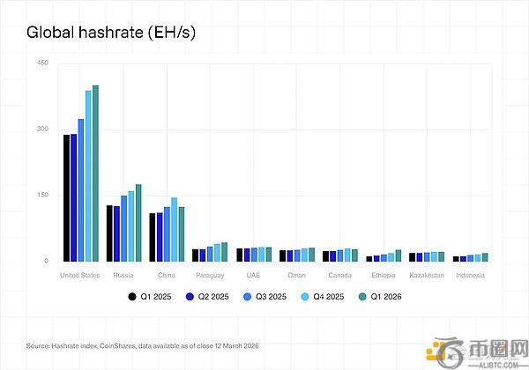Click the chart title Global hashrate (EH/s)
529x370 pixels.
click(x=110, y=33)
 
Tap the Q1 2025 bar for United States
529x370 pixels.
click(x=67, y=198)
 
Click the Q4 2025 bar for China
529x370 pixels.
click(x=174, y=230)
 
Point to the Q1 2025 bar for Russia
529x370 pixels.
click(x=109, y=233)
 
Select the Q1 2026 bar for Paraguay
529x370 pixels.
click(x=224, y=252)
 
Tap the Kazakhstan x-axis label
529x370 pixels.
click(x=426, y=275)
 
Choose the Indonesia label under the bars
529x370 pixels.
click(x=469, y=275)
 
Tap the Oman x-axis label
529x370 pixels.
click(x=297, y=275)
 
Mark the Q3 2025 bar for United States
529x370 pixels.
click(x=81, y=190)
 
